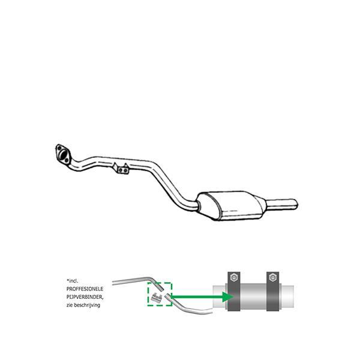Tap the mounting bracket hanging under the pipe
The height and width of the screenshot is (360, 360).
(122, 169)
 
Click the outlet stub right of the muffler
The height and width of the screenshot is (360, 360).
(284, 203)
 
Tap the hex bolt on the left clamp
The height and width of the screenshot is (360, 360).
(232, 277)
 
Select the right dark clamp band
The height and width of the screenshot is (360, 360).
(272, 296)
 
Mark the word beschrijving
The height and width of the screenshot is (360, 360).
(88, 305)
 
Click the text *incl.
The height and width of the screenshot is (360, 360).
(73, 280)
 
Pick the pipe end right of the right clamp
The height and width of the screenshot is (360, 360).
(287, 296)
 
